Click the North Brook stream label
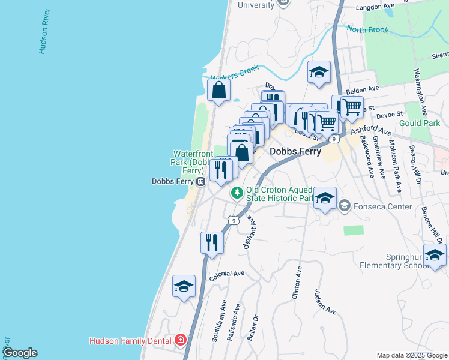[367, 30]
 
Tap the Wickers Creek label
[234, 73]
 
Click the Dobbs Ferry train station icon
[202, 181]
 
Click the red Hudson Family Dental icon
[181, 341]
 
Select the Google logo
[19, 353]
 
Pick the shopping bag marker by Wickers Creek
[218, 91]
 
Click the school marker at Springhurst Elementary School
[435, 256]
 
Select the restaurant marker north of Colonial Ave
[212, 242]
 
